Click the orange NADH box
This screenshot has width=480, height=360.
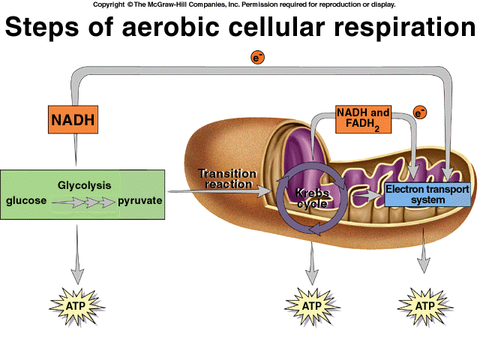click(x=74, y=119)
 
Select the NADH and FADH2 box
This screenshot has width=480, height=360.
click(x=363, y=118)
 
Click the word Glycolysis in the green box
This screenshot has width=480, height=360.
click(x=84, y=184)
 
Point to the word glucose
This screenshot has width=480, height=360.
click(x=26, y=201)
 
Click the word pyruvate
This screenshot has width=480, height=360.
click(x=140, y=201)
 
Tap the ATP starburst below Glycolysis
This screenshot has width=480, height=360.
click(x=75, y=306)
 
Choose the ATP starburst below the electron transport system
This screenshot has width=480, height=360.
click(x=424, y=306)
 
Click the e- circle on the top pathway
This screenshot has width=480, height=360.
click(x=257, y=57)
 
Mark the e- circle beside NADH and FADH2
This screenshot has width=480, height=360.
click(x=420, y=113)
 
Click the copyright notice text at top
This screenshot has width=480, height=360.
click(x=244, y=4)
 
